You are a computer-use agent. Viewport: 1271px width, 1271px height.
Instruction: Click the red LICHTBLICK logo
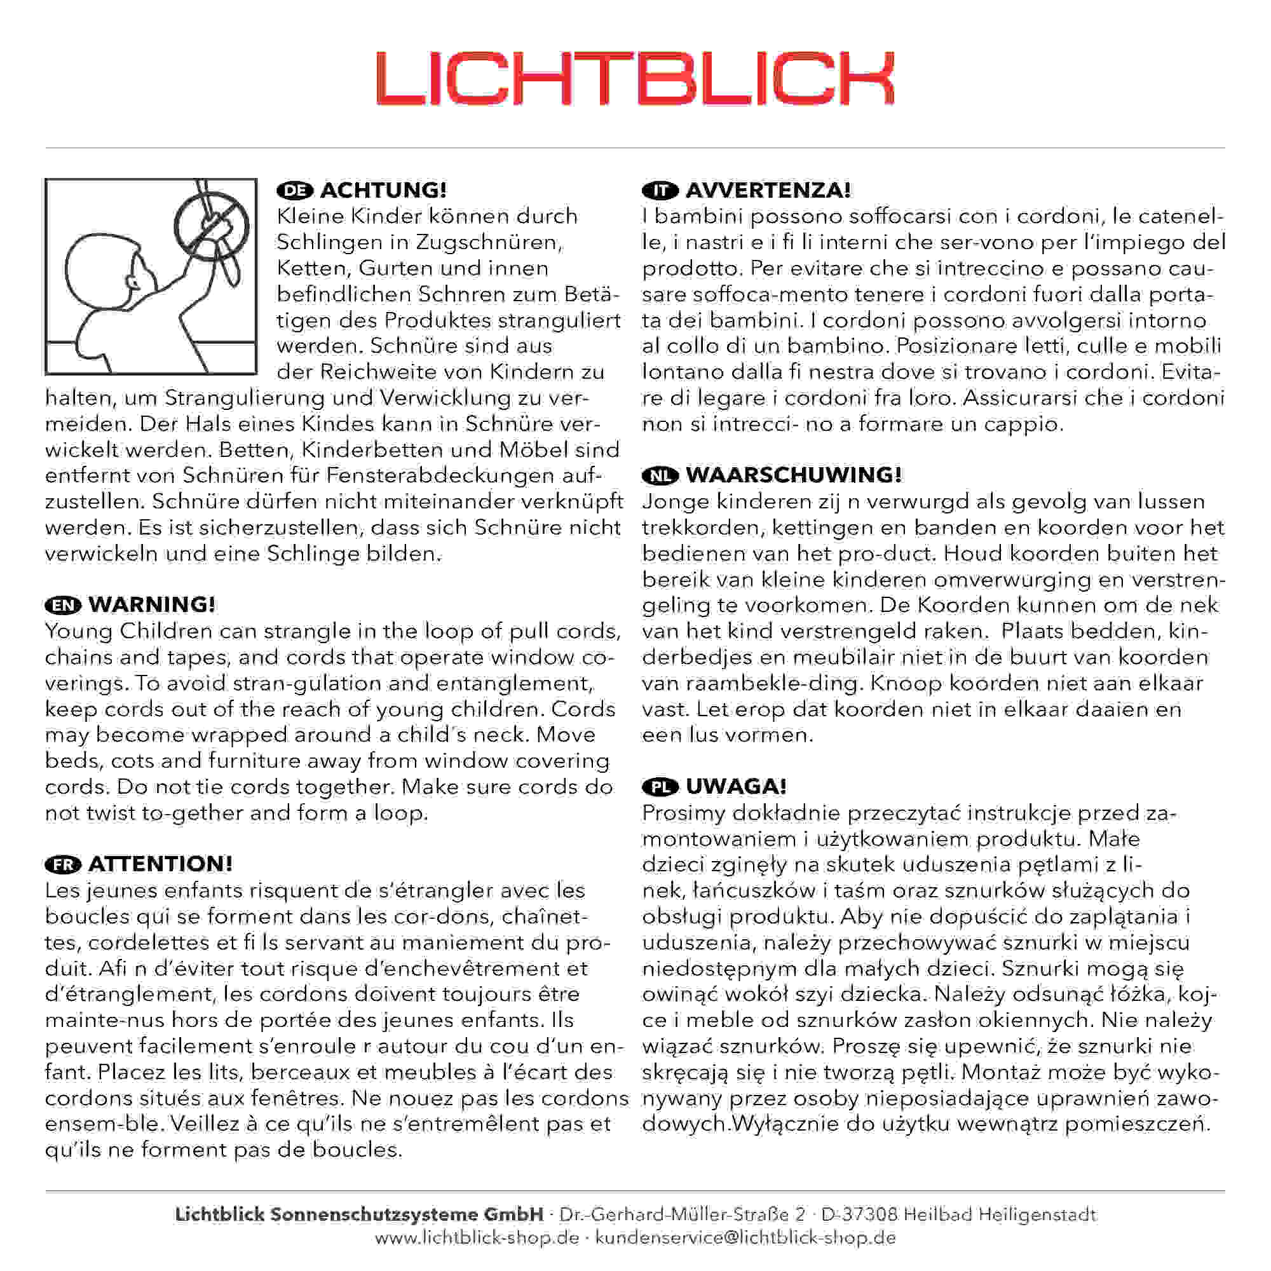635,79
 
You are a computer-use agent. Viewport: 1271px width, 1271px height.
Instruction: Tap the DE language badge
295,191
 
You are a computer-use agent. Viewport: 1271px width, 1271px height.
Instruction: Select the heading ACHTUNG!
383,190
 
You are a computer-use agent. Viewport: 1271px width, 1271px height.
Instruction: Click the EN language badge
63,605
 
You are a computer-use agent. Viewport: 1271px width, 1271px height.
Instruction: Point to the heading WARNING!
151,604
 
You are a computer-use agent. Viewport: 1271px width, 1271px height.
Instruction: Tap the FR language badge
63,864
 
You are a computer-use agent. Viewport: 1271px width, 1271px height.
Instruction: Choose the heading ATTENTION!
160,864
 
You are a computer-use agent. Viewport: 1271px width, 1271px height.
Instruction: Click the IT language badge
660,191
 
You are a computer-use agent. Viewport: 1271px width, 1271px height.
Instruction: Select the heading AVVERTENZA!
768,190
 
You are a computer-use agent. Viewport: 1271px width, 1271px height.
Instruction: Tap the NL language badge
660,475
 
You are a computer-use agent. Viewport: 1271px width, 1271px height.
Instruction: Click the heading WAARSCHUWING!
793,475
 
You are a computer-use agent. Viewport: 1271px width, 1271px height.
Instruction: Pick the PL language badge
660,787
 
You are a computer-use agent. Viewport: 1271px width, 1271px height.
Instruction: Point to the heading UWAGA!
735,786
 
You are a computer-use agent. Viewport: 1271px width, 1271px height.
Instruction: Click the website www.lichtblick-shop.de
477,1237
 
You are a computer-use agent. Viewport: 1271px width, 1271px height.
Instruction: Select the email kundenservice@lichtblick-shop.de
745,1237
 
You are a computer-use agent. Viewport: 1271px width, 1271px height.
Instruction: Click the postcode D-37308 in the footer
859,1214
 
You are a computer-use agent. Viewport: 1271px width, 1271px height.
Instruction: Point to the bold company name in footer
359,1214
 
